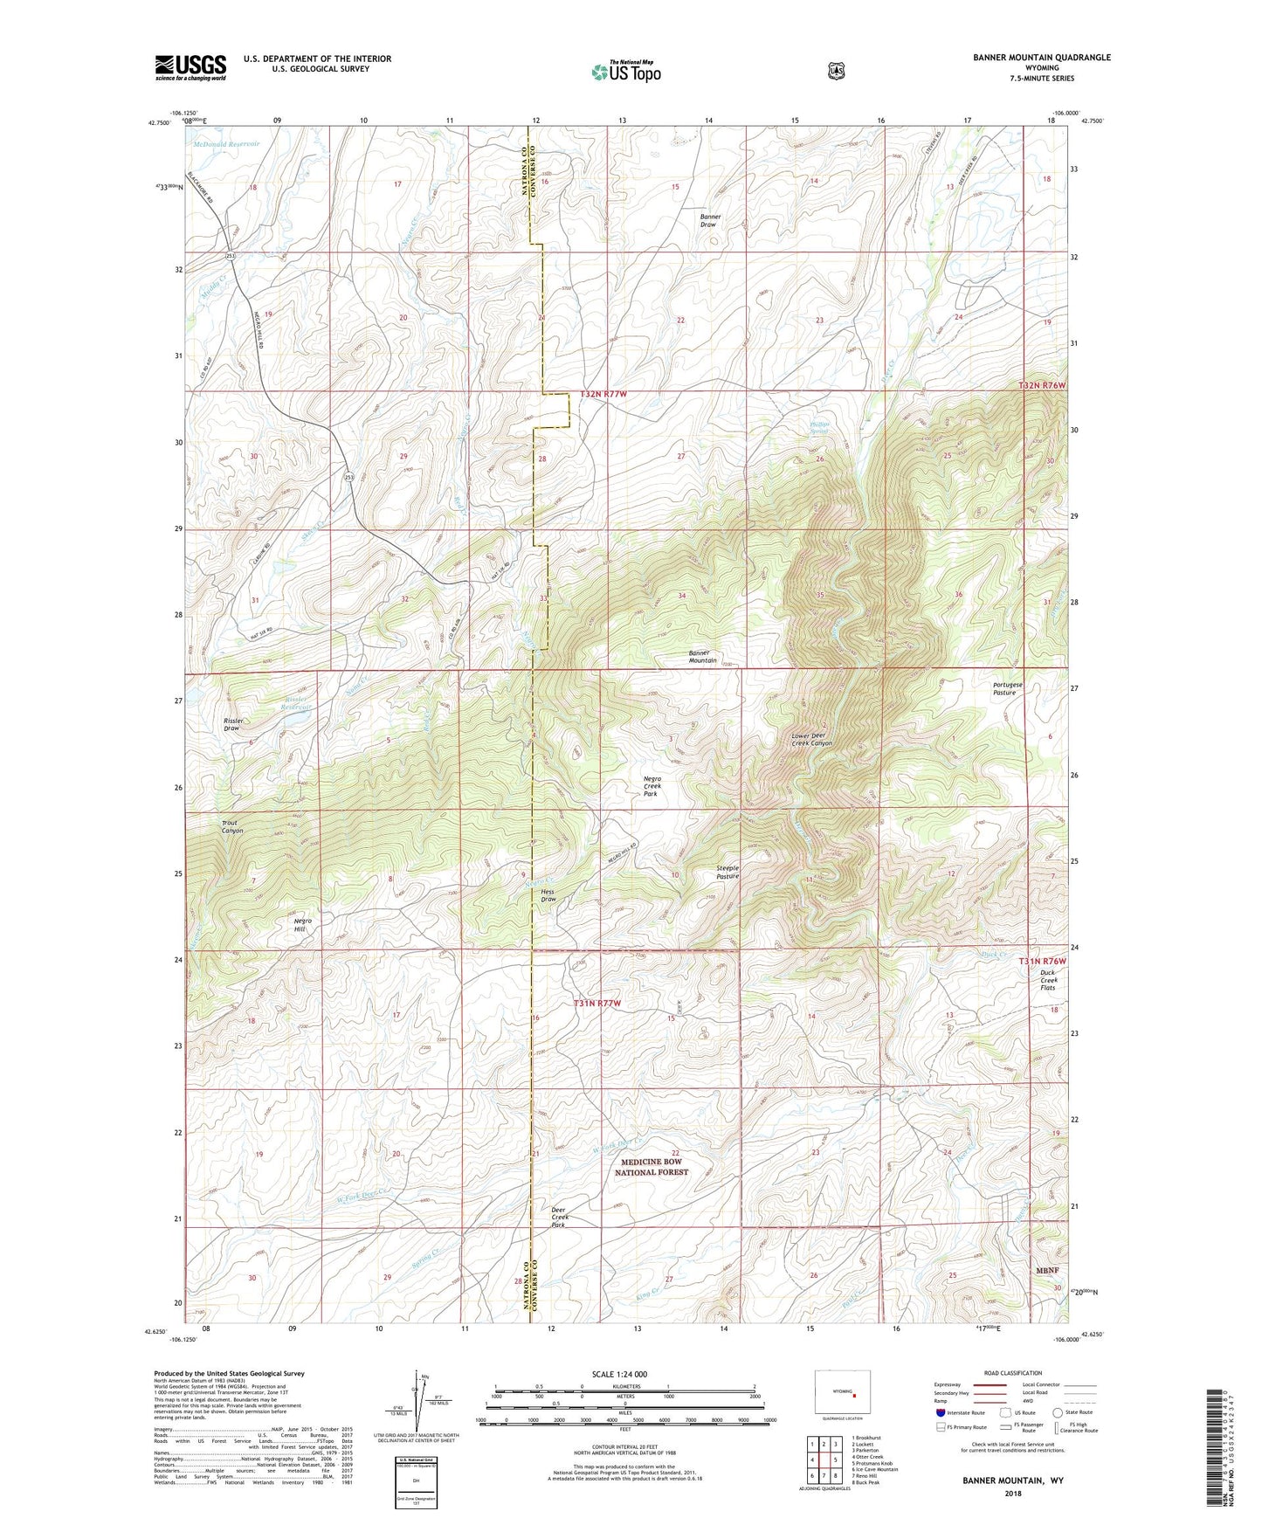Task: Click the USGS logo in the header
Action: click(190, 66)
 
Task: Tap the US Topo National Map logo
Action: click(625, 71)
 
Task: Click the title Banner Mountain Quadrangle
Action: click(1042, 58)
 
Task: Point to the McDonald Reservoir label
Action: click(226, 144)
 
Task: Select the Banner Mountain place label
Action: click(702, 657)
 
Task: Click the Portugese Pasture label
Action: click(1007, 688)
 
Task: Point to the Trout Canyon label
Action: click(231, 826)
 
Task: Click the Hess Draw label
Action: click(548, 895)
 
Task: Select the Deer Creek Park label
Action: click(560, 1218)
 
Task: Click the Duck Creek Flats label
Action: click(1047, 980)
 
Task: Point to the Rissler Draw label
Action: click(232, 724)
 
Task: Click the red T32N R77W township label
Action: click(603, 395)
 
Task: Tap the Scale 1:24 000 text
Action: click(619, 1374)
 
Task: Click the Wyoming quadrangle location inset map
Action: click(842, 1390)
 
